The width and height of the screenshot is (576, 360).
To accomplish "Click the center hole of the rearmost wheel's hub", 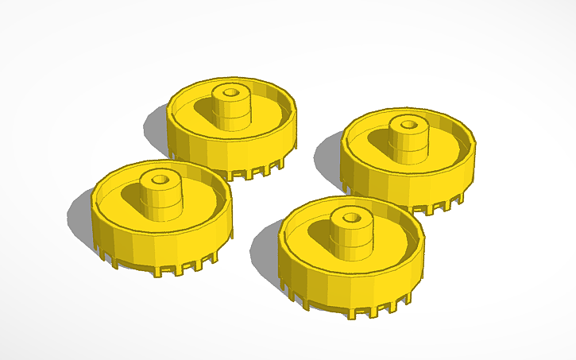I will [x=231, y=92].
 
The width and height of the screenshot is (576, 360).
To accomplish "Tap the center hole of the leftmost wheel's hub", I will [x=161, y=179].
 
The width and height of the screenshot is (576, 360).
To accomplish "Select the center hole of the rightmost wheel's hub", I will [x=409, y=123].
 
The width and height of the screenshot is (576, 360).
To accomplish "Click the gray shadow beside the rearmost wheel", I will [x=155, y=127].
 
